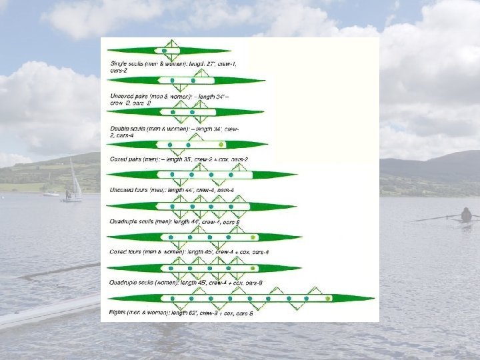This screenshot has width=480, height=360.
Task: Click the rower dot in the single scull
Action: coord(164,50)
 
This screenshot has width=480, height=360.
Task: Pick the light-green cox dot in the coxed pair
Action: coord(222,144)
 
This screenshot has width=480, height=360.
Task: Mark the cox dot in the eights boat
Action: coord(328,298)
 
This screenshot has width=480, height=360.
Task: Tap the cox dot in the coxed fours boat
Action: coord(253,237)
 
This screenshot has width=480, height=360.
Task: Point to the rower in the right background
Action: coord(466,215)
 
